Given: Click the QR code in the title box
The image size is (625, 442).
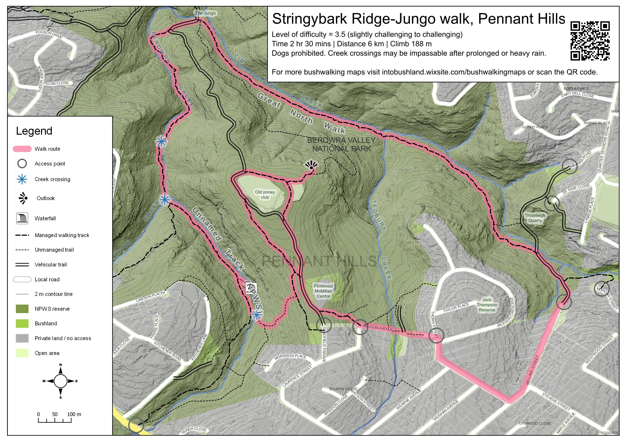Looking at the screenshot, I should pyautogui.click(x=590, y=41).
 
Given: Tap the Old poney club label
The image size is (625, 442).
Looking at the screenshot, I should pyautogui.click(x=265, y=194).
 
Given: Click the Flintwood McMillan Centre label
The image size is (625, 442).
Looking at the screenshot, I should pyautogui.click(x=323, y=291).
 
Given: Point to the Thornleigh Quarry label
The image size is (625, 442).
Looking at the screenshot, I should pyautogui.click(x=535, y=218).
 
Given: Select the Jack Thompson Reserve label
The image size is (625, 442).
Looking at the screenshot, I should pyautogui.click(x=487, y=305).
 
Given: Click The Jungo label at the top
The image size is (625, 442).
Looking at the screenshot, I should pyautogui.click(x=205, y=13).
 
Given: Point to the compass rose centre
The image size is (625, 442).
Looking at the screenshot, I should pyautogui.click(x=61, y=381).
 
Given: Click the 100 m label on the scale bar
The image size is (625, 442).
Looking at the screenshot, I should pyautogui.click(x=74, y=414).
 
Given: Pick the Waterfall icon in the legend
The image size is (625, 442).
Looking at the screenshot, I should pyautogui.click(x=22, y=218).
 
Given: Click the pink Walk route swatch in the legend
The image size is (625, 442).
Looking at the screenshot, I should pyautogui.click(x=22, y=149).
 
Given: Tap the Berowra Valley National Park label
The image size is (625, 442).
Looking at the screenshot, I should pyautogui.click(x=341, y=144).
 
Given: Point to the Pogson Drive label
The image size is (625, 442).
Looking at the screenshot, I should pyautogui.click(x=49, y=35).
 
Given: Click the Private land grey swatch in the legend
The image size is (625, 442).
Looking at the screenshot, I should pyautogui.click(x=22, y=338).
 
